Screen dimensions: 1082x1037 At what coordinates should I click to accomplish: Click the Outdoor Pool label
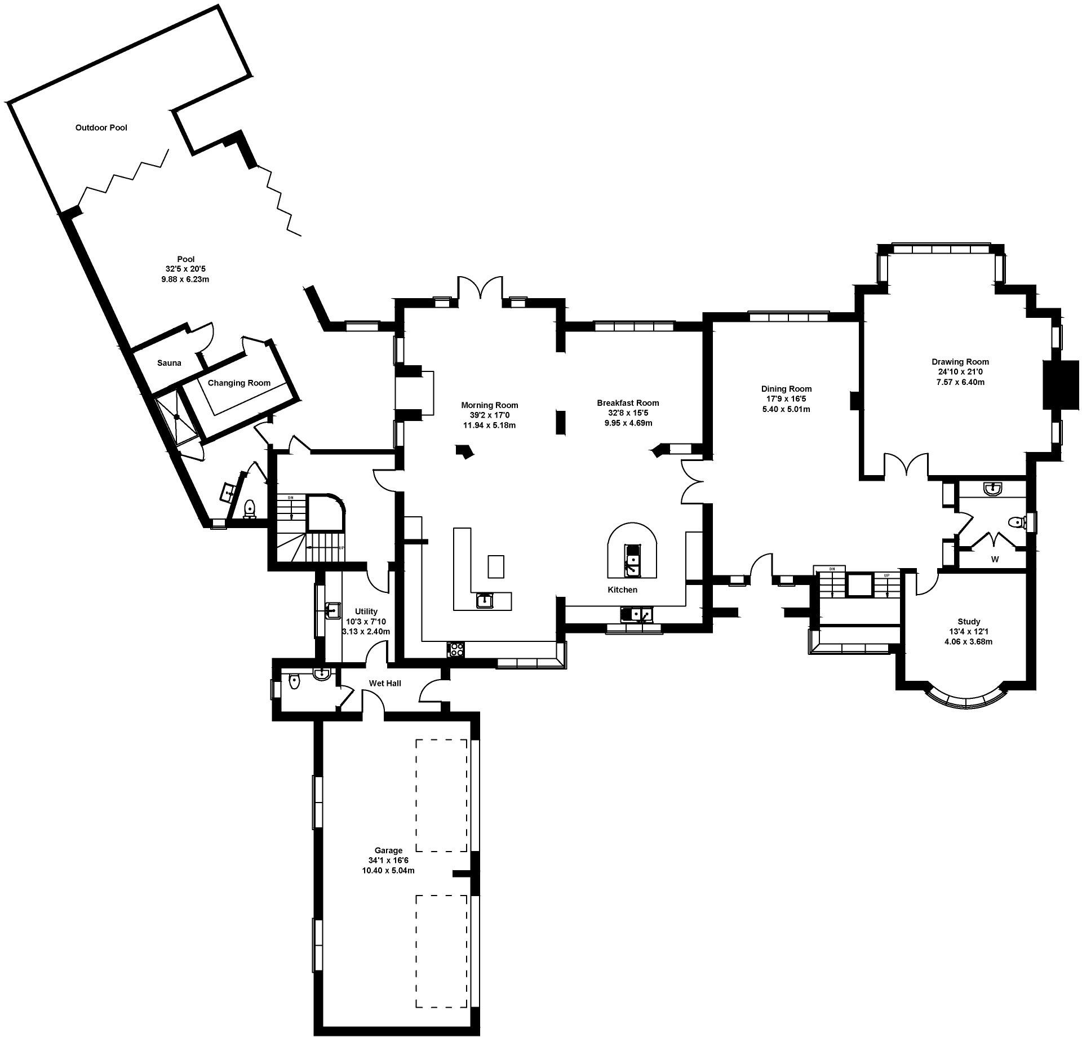point(101,128)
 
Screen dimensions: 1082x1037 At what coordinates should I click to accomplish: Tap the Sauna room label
point(169,363)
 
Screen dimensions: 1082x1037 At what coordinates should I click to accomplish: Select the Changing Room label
point(239,383)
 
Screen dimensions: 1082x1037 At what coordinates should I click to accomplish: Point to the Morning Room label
point(489,405)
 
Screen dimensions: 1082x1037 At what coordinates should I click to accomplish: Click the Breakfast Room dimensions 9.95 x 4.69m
point(628,423)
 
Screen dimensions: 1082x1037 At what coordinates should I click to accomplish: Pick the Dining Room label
point(786,389)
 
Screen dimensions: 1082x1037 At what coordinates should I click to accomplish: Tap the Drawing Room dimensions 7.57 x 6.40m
point(960,382)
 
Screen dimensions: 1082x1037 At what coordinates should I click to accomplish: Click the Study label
point(968,622)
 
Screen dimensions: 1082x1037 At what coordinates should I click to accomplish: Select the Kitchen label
point(622,590)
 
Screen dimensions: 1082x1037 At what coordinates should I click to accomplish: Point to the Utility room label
point(366,611)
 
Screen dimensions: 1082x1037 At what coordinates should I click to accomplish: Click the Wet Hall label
point(385,683)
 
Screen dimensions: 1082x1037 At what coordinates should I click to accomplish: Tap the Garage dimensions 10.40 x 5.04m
point(388,871)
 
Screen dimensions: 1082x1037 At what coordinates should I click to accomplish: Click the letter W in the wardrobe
point(995,560)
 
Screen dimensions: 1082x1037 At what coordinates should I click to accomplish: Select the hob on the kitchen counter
point(455,649)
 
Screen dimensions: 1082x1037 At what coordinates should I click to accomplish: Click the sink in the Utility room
point(332,610)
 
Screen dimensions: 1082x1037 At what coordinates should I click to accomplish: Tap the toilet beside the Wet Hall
point(294,683)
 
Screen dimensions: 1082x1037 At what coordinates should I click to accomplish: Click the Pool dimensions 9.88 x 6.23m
point(185,280)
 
